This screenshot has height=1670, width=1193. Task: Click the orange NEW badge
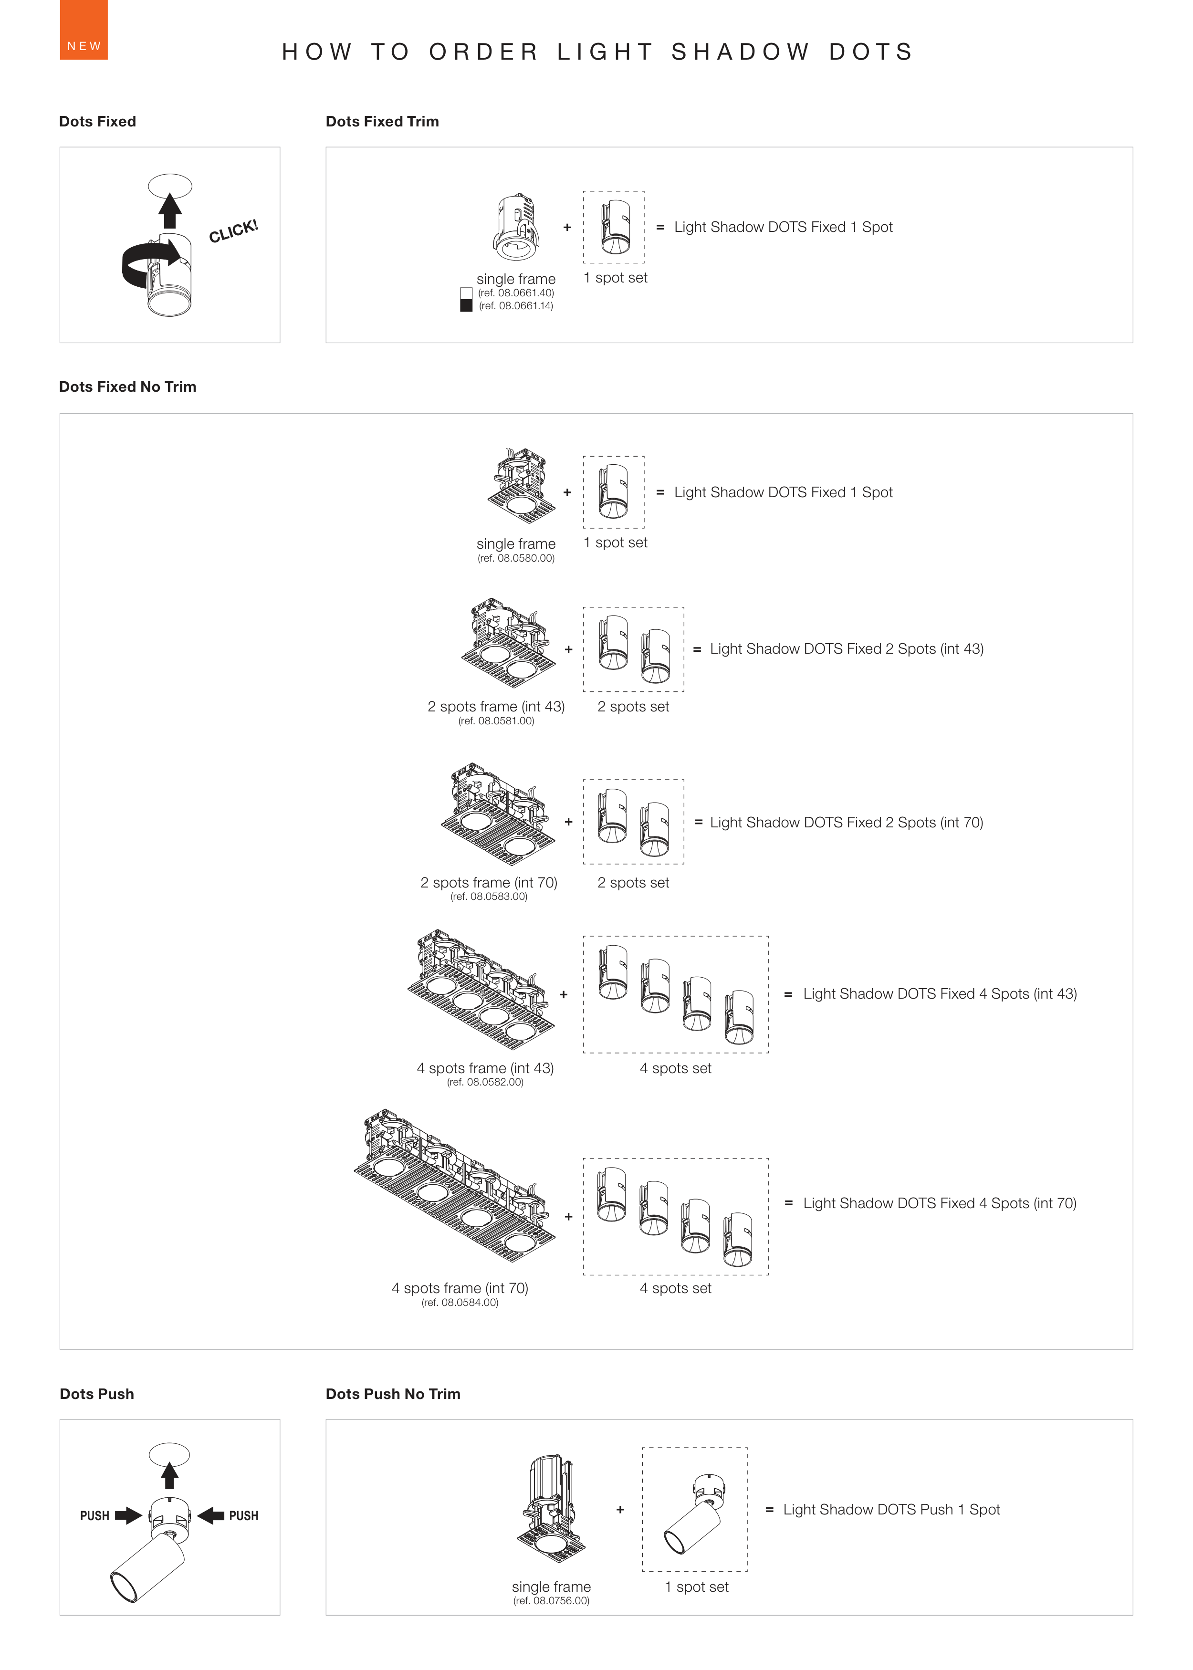[83, 30]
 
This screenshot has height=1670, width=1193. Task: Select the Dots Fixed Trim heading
[382, 122]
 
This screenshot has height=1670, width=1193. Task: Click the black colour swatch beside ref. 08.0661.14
[466, 305]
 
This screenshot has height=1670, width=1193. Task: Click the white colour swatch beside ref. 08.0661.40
[466, 293]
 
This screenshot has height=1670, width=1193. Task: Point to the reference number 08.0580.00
[516, 558]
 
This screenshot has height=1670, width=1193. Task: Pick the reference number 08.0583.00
[489, 897]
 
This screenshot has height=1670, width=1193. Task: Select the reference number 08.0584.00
[460, 1302]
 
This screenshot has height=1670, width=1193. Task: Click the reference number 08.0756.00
[551, 1600]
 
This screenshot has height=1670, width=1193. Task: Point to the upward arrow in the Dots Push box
[170, 1475]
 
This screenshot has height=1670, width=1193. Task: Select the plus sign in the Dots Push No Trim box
[620, 1509]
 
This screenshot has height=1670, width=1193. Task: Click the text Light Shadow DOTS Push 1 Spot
[891, 1509]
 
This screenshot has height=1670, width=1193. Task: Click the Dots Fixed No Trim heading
[128, 387]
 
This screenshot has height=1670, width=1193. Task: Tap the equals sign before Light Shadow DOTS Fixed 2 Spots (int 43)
[696, 649]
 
